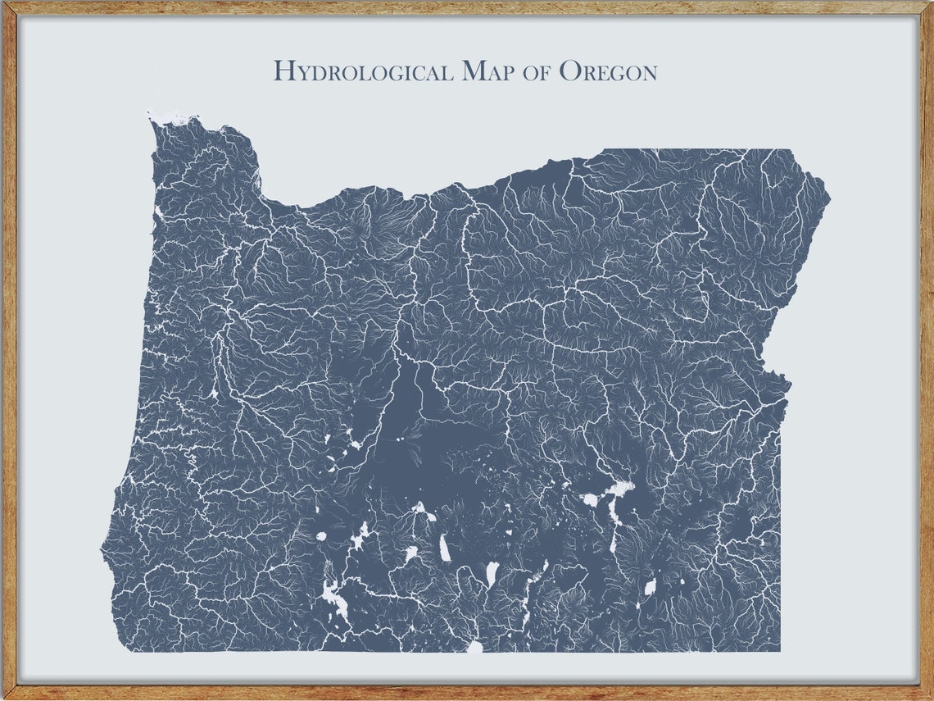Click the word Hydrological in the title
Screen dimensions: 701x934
pyautogui.click(x=363, y=71)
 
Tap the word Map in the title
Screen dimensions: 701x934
pyautogui.click(x=489, y=71)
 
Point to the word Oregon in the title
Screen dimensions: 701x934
pyautogui.click(x=607, y=72)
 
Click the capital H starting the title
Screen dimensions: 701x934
pyautogui.click(x=283, y=71)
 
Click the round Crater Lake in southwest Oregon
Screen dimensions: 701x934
pyautogui.click(x=321, y=536)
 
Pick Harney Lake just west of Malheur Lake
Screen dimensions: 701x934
pyautogui.click(x=589, y=498)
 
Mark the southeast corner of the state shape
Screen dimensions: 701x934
pyautogui.click(x=779, y=650)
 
